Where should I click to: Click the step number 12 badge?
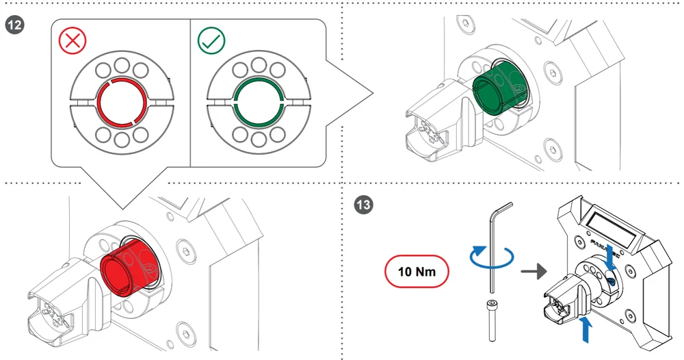click(13, 25)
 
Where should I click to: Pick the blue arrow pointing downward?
click(611, 256)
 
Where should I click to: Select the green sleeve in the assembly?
click(498, 88)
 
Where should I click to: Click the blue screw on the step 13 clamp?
click(611, 281)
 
